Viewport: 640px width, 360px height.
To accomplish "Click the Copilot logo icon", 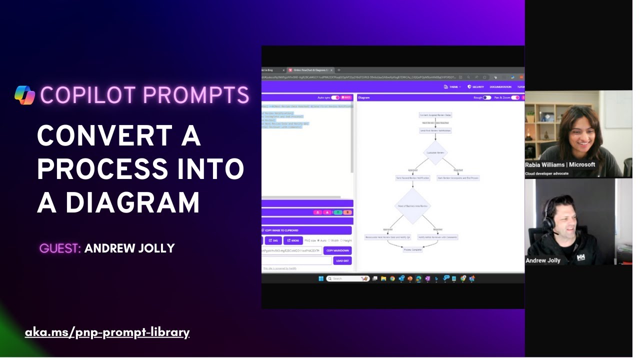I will click(x=24, y=95).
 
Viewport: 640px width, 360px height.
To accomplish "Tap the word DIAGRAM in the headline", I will click(x=132, y=202).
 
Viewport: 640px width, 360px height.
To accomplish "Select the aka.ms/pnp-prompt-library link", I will click(x=107, y=332).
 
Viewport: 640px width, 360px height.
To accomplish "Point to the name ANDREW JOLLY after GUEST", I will click(x=129, y=248).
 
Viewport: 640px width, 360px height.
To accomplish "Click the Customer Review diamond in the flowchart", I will click(x=435, y=152).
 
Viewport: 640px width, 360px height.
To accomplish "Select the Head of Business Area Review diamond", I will click(x=412, y=205).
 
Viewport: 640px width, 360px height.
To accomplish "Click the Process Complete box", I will click(x=412, y=249).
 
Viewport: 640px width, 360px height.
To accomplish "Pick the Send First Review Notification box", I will click(x=435, y=130).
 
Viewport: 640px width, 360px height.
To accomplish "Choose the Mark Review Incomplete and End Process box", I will click(x=458, y=178).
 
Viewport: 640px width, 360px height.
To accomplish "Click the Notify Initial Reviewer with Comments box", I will click(x=437, y=237).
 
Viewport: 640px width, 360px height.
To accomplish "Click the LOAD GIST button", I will click(x=342, y=260).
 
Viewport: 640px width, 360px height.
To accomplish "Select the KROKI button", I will click(x=293, y=240).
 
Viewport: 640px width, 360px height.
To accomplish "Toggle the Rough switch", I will click(x=486, y=97).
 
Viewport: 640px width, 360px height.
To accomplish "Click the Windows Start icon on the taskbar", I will click(x=321, y=278).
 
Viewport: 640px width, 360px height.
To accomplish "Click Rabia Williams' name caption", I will click(x=560, y=164).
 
